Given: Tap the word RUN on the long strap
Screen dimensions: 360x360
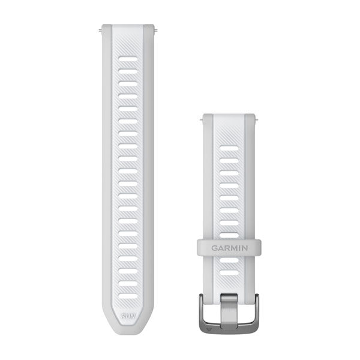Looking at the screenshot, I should [127, 314].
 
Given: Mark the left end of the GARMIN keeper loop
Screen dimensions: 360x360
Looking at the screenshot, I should [197, 246].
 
